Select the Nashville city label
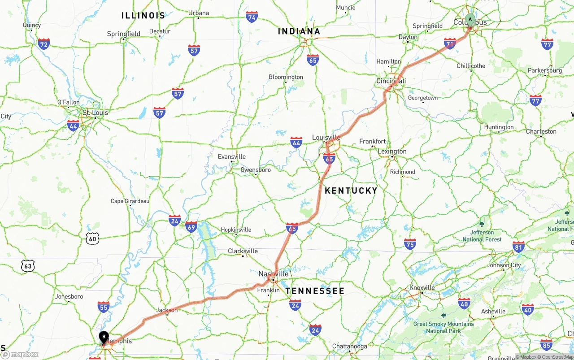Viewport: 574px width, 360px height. tap(273, 273)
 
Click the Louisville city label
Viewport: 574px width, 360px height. tap(326, 137)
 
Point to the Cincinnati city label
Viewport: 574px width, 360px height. tap(391, 81)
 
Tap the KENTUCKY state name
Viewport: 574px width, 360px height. tap(351, 191)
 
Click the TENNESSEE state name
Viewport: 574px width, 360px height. tap(315, 291)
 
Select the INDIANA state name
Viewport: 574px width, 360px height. tap(299, 31)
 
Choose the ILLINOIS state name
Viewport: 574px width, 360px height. tap(143, 16)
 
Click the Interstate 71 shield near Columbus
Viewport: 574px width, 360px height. tap(450, 43)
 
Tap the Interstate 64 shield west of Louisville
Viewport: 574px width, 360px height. tap(296, 142)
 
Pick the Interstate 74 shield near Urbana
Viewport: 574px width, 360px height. tap(252, 17)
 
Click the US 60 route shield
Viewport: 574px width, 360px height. tap(92, 238)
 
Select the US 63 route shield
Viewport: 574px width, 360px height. tap(28, 265)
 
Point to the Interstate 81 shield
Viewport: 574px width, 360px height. tap(519, 247)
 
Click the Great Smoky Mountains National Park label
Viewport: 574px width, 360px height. tap(443, 327)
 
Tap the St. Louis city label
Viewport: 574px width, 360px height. tap(95, 113)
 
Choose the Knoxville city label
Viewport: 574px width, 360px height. tap(422, 287)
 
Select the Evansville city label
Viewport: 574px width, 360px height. tap(232, 156)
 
